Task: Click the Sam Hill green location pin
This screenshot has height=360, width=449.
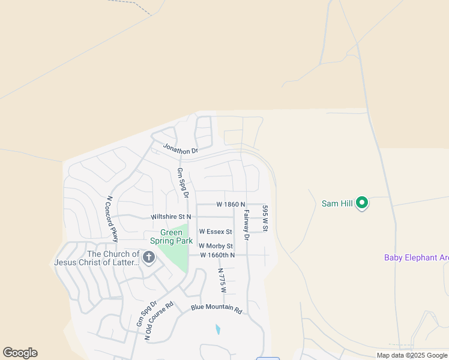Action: [361, 203]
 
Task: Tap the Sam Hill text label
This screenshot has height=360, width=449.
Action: [337, 203]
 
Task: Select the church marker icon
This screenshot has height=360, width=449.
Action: [148, 258]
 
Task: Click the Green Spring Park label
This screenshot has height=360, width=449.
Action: [171, 237]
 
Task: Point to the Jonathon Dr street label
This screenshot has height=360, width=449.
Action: [180, 149]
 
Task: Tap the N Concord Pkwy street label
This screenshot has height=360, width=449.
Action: [111, 218]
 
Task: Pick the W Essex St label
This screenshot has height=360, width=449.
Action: [215, 231]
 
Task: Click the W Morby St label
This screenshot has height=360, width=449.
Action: [215, 246]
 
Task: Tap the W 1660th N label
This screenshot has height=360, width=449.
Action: [217, 255]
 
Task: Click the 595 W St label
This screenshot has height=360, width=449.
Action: [265, 218]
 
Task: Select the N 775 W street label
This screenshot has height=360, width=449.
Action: [221, 280]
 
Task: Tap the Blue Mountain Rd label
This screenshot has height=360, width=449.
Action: [216, 309]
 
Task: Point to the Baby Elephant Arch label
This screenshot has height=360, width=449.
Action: [416, 258]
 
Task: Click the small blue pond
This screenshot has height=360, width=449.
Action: [217, 329]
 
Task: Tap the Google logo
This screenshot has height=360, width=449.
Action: [20, 353]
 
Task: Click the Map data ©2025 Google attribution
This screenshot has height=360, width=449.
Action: [412, 355]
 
